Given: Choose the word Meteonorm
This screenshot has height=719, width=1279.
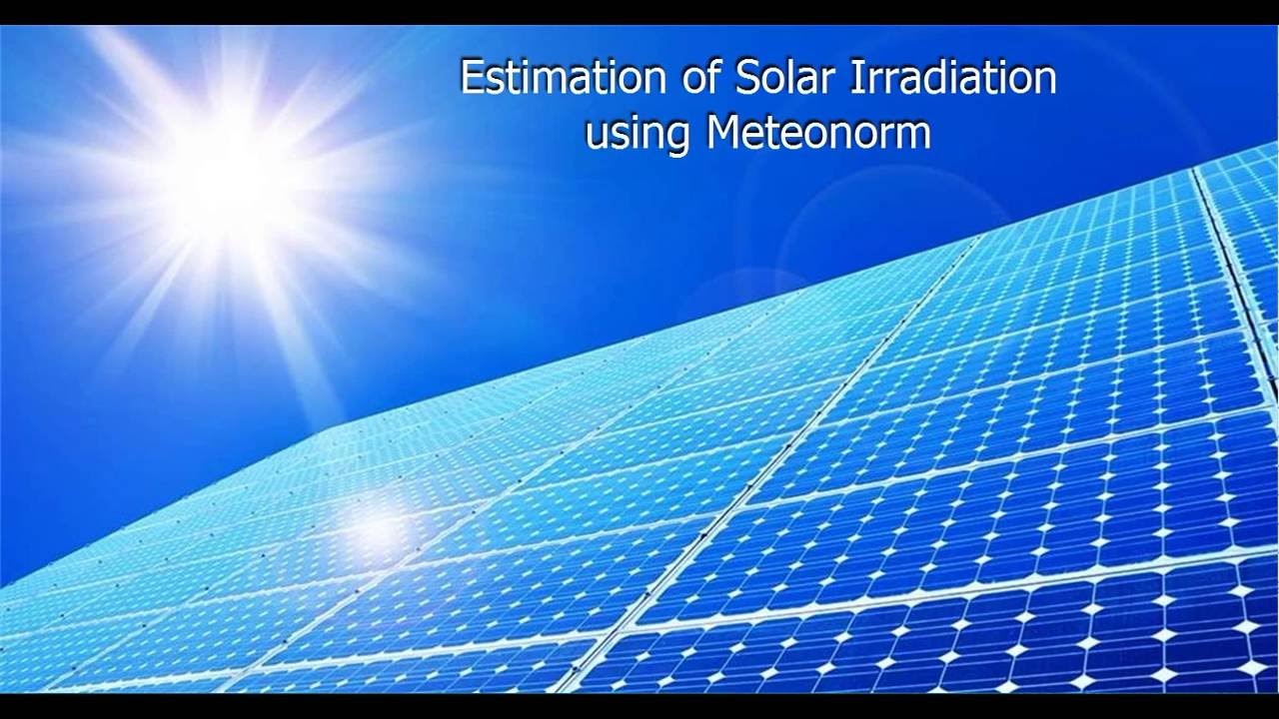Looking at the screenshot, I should tap(818, 134).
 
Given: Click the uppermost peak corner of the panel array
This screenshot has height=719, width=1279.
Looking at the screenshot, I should tap(1273, 146).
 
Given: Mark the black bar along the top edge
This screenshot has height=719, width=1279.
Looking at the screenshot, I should tap(639, 12).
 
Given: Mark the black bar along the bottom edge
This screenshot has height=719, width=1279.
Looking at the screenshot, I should tap(639, 706).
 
